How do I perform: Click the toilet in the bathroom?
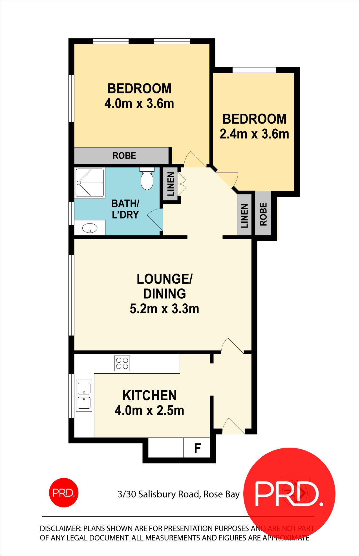tap(147, 180)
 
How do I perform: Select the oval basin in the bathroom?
tap(90, 228)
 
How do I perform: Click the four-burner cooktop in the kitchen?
tap(122, 363)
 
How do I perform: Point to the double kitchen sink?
tap(84, 395)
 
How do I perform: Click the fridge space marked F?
tap(197, 448)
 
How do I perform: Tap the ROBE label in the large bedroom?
tap(124, 156)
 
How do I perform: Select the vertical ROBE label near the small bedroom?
tap(263, 214)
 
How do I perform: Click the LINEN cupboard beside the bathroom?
tap(171, 184)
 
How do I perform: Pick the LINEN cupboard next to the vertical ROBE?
tap(244, 216)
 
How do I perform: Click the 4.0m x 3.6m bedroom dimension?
tap(139, 104)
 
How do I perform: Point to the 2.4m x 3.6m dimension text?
tap(254, 134)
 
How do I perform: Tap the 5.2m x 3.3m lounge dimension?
tap(164, 309)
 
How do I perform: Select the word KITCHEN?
tap(149, 396)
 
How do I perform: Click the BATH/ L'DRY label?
tap(125, 209)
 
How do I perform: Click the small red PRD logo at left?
tap(63, 493)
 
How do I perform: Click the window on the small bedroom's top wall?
tap(254, 70)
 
